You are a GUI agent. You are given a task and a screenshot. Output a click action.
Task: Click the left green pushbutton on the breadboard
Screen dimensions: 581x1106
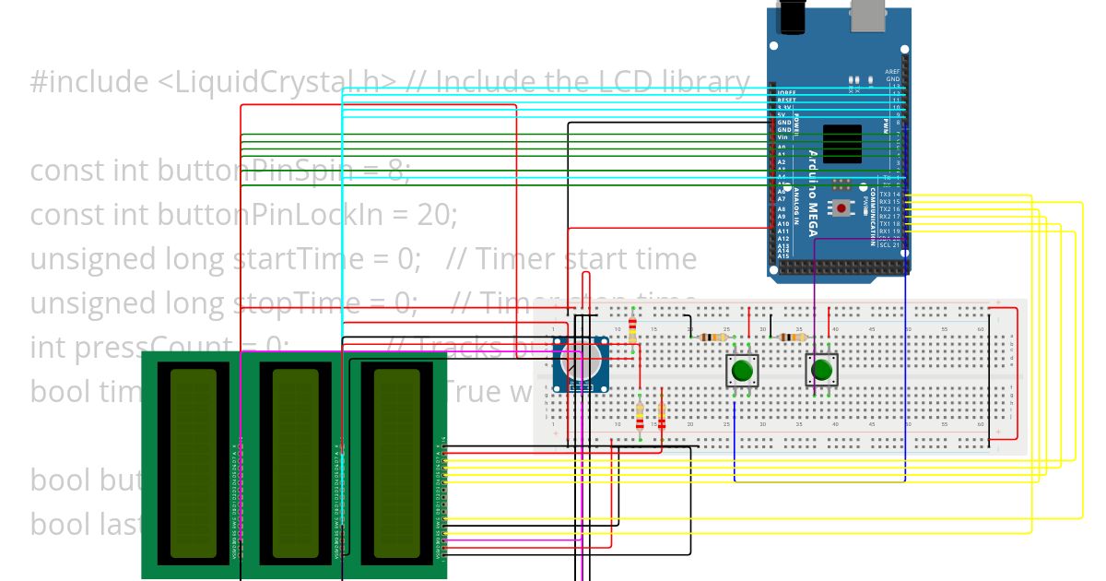(x=742, y=372)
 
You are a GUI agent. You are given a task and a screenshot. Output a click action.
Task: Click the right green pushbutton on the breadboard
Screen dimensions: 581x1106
(x=821, y=371)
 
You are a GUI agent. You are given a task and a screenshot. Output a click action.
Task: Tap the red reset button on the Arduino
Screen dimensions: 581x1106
(x=842, y=208)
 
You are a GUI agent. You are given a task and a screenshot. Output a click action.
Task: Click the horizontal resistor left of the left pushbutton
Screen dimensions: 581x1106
(x=710, y=338)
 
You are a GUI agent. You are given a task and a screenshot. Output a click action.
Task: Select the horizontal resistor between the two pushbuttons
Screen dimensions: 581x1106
(x=789, y=338)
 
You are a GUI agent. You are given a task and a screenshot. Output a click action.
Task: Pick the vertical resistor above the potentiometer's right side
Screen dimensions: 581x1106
(x=632, y=329)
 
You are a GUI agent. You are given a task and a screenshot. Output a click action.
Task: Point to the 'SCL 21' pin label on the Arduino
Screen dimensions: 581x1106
(x=889, y=245)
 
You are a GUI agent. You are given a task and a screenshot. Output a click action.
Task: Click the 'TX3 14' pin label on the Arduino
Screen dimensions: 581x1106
(x=889, y=194)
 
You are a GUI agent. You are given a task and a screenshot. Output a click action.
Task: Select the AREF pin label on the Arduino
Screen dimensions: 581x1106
(x=891, y=71)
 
